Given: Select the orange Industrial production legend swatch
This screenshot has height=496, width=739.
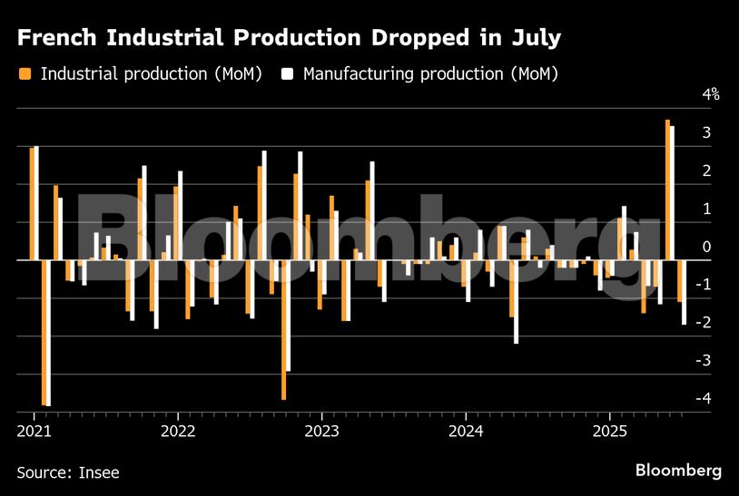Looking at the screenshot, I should pyautogui.click(x=25, y=73).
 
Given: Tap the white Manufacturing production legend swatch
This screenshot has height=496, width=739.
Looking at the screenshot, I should pyautogui.click(x=288, y=73).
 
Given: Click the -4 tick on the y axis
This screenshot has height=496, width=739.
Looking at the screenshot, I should pyautogui.click(x=705, y=399).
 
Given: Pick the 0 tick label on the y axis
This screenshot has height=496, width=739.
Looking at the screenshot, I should pyautogui.click(x=705, y=247).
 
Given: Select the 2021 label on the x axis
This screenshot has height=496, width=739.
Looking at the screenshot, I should pyautogui.click(x=34, y=430).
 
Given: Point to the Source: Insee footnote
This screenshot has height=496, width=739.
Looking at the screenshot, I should pyautogui.click(x=67, y=472).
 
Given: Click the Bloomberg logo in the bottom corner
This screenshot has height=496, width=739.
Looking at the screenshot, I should pyautogui.click(x=678, y=471).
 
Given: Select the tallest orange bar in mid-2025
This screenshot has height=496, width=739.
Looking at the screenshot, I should pyautogui.click(x=667, y=190).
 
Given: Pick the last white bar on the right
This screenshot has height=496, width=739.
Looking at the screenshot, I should pyautogui.click(x=684, y=292).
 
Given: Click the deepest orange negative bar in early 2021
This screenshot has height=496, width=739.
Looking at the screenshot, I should pyautogui.click(x=44, y=332).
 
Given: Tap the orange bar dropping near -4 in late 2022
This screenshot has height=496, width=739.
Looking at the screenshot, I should pyautogui.click(x=283, y=329).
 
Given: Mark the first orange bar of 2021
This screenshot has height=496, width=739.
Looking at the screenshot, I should pyautogui.click(x=32, y=203).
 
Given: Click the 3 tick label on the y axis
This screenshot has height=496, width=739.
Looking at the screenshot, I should pyautogui.click(x=705, y=132).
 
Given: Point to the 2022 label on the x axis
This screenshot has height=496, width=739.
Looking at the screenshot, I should pyautogui.click(x=177, y=430).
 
